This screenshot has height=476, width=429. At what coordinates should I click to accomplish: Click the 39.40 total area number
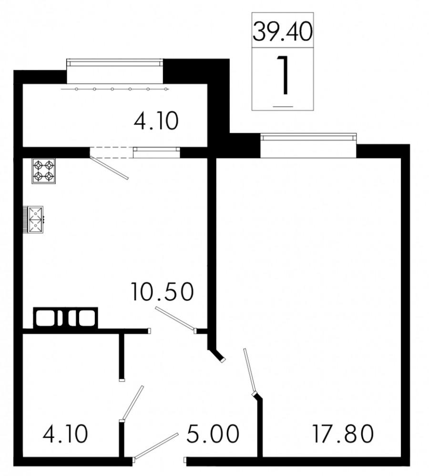[x=283, y=32]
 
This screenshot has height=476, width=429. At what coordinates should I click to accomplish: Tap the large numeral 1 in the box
[x=283, y=75]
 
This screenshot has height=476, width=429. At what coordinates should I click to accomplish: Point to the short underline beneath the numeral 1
[x=283, y=104]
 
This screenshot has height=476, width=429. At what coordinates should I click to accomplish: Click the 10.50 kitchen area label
[x=163, y=291]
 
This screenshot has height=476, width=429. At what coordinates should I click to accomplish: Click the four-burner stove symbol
[x=44, y=171]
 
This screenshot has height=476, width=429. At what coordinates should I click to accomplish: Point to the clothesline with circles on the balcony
[x=114, y=89]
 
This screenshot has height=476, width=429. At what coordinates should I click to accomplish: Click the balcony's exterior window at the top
[x=114, y=62]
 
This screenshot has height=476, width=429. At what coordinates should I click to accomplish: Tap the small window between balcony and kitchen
[x=156, y=151]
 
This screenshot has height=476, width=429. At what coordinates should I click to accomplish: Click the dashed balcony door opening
[x=111, y=152]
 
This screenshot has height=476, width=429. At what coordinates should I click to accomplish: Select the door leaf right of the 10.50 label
[x=174, y=318]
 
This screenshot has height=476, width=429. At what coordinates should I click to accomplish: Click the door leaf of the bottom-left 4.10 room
[x=132, y=403]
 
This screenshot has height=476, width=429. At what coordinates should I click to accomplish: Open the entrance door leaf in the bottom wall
[x=156, y=446]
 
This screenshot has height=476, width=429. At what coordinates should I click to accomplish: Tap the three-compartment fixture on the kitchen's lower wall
[x=65, y=317]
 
